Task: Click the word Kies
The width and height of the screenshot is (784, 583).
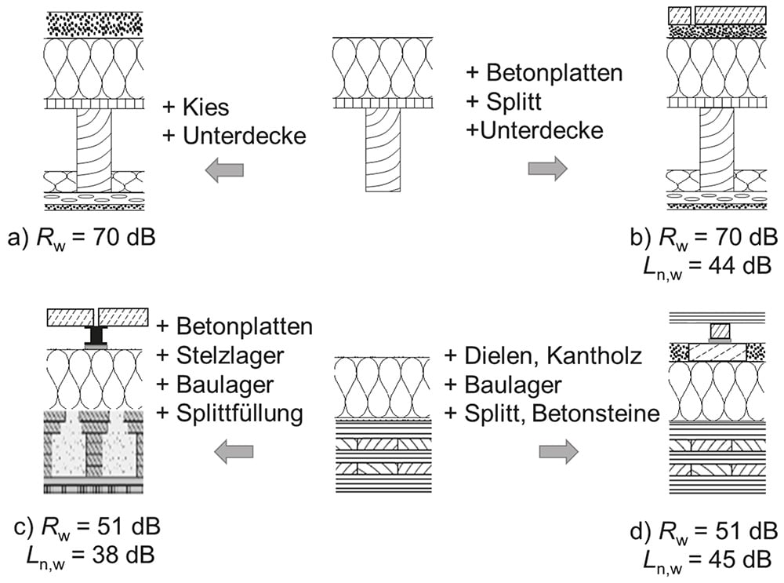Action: [205, 107]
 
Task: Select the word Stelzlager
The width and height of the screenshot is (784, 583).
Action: [230, 355]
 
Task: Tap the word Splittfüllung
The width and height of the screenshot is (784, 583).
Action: [240, 414]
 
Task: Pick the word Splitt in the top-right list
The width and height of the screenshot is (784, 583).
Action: [514, 101]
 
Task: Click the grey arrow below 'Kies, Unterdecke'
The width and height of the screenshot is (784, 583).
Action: [224, 169]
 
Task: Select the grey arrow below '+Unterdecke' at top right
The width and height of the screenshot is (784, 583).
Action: [547, 169]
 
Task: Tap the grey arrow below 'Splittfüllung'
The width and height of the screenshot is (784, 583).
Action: [234, 452]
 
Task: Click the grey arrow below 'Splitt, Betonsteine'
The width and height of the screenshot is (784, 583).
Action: [558, 452]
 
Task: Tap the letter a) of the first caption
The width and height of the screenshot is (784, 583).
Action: [18, 238]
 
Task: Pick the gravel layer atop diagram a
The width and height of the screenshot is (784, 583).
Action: [95, 24]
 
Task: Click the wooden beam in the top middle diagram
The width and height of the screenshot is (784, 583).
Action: [383, 150]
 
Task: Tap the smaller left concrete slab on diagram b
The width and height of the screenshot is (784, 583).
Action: [680, 16]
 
